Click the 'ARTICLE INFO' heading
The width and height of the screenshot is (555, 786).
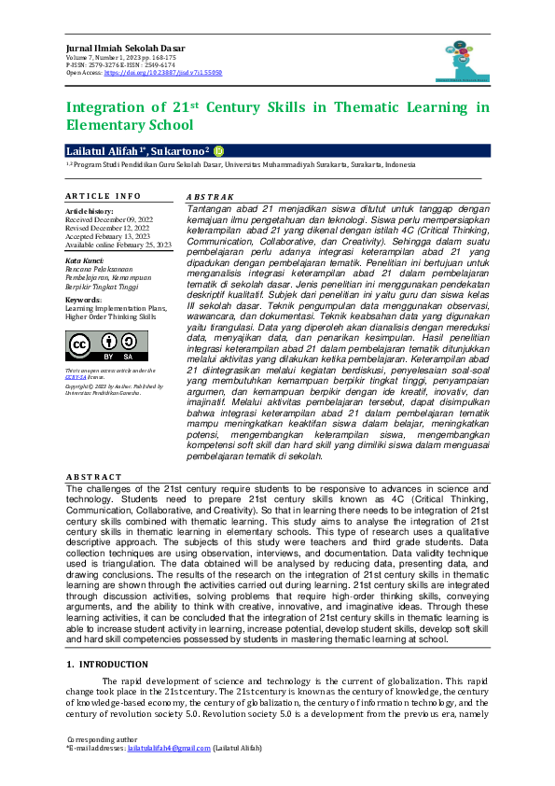tap(103, 196)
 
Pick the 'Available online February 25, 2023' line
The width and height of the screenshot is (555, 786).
tap(118, 245)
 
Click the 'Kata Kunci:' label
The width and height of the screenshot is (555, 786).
tap(84, 261)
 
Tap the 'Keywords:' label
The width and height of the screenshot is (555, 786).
tap(83, 300)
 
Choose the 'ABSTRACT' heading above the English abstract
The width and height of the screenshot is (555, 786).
tap(94, 477)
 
